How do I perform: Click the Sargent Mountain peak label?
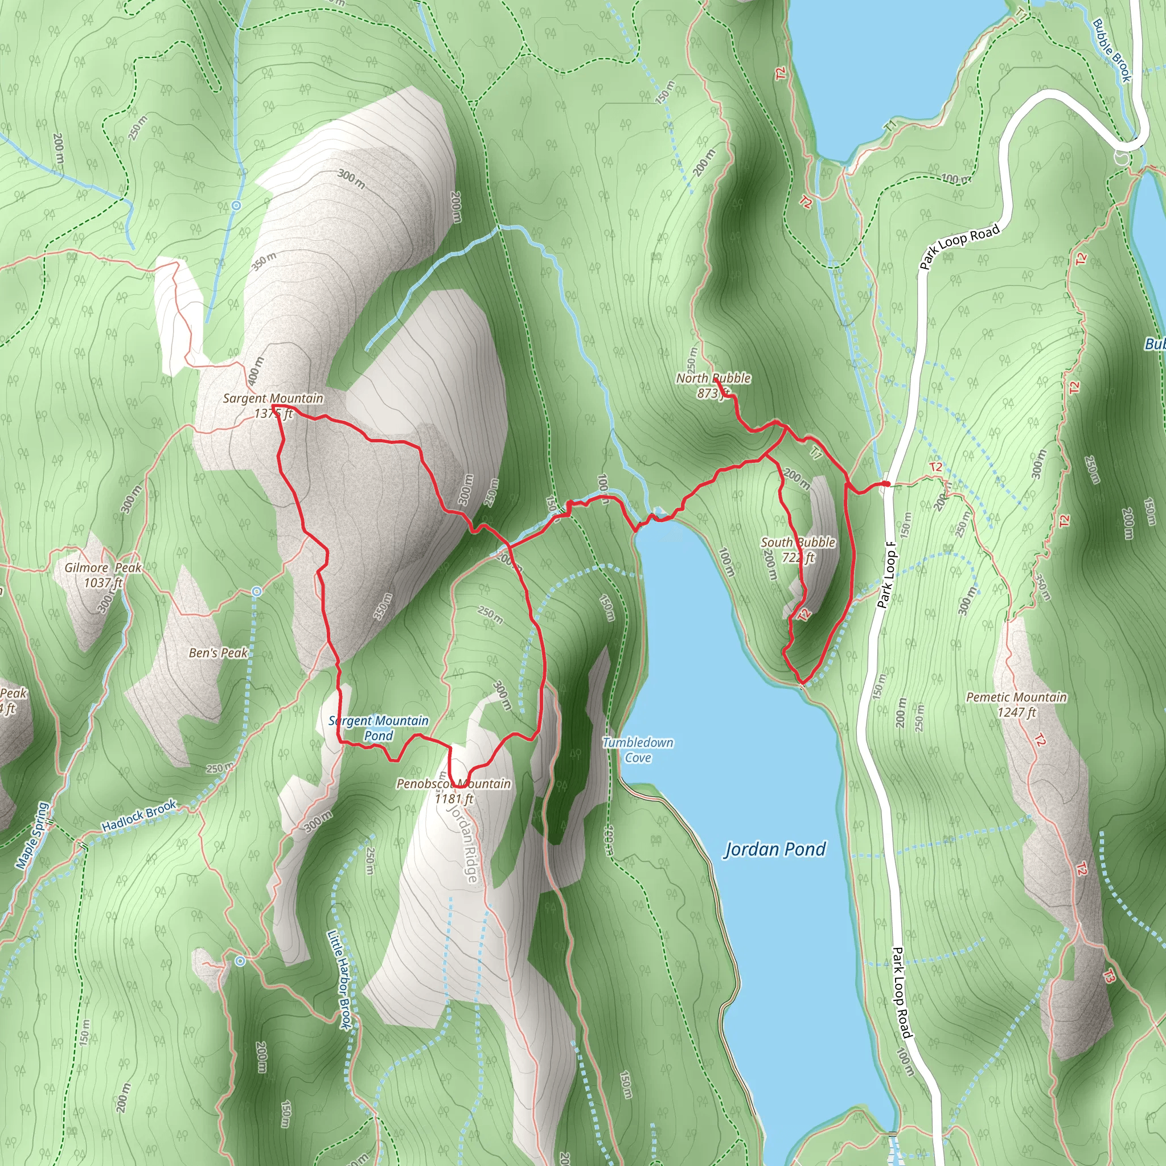coord(273,399)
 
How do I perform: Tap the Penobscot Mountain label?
coord(453,784)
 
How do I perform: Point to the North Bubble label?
coord(713,379)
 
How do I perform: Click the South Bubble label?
coord(798,543)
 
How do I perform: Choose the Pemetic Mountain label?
coord(1016,697)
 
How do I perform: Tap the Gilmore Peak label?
coord(102,568)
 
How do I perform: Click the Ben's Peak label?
coord(218,653)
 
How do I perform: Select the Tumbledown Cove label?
coord(638,750)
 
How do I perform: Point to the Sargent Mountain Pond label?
coord(379,728)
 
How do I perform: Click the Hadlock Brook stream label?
coord(139,816)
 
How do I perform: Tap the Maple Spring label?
coord(32,835)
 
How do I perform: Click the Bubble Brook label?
coord(1111,50)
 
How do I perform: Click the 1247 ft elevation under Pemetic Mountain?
coord(1016,713)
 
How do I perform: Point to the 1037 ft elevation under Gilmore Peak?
coord(103,582)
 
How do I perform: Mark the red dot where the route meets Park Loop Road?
coord(885,484)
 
